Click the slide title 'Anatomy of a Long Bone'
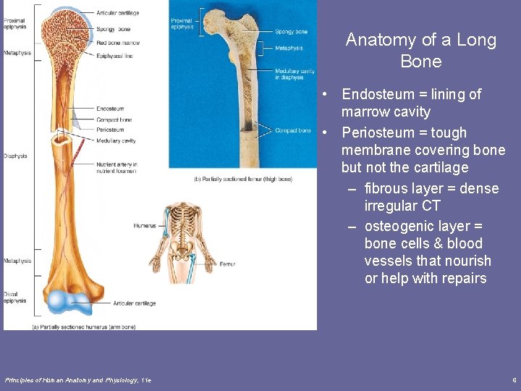pos(420,50)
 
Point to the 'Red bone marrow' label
pos(117,43)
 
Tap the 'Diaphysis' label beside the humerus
pos(15,156)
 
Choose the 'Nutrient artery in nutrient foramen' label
pos(117,168)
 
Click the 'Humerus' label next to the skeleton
pos(144,226)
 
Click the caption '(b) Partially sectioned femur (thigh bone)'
pos(243,179)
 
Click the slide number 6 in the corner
pos(513,380)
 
